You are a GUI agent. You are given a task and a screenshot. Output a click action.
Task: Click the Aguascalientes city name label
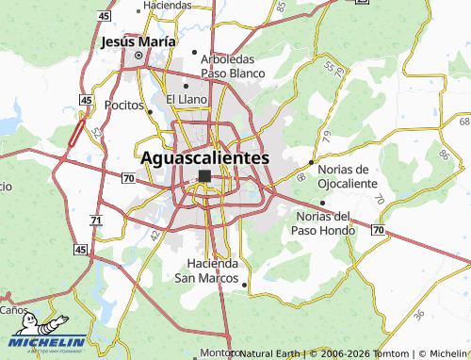(x=205, y=158)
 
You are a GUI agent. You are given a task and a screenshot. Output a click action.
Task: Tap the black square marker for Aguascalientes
(x=204, y=176)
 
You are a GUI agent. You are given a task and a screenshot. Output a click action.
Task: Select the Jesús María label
(x=138, y=42)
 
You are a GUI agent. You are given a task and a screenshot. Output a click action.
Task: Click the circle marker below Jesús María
(x=138, y=56)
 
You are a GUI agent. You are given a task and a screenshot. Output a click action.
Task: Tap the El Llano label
(x=186, y=98)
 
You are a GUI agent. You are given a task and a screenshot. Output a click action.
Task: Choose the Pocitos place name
(x=123, y=105)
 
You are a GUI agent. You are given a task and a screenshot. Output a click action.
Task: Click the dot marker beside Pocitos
(x=150, y=111)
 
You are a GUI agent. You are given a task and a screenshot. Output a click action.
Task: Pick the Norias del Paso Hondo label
(x=322, y=222)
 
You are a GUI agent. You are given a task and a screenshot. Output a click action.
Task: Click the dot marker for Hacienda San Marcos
(x=245, y=284)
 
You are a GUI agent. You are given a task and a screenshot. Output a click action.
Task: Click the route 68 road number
(x=300, y=177)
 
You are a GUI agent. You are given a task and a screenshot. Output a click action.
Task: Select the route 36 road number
(x=418, y=314)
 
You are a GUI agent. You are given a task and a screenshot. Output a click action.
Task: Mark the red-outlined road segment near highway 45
(x=75, y=133)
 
